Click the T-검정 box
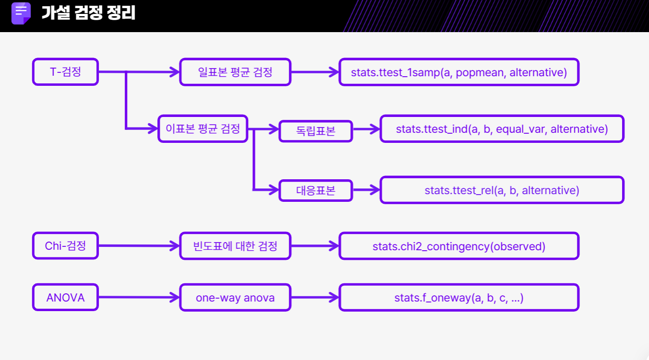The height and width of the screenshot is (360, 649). [x=65, y=72]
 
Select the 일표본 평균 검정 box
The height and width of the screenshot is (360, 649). [x=235, y=72]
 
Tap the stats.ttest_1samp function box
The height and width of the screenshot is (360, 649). [x=459, y=72]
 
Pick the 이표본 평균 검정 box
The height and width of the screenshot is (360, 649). [x=203, y=128]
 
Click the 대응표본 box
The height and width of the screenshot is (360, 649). [x=316, y=190]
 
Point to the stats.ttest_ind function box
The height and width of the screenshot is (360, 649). [x=502, y=128]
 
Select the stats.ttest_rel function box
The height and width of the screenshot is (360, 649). [x=502, y=190]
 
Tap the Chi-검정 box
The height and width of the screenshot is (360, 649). [x=65, y=246]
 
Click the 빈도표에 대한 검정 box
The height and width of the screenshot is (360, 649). [x=235, y=246]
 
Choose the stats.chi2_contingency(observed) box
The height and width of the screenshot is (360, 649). [x=459, y=246]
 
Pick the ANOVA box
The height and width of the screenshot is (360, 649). [x=65, y=297]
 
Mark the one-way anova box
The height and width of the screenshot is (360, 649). [x=235, y=297]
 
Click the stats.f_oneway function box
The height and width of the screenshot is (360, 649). [x=459, y=297]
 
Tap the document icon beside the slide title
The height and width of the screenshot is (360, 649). [x=21, y=13]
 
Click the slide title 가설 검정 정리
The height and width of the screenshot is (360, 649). [x=88, y=13]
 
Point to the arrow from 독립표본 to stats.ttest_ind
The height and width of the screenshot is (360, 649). [x=366, y=129]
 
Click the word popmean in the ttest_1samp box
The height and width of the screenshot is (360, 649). [x=481, y=72]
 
